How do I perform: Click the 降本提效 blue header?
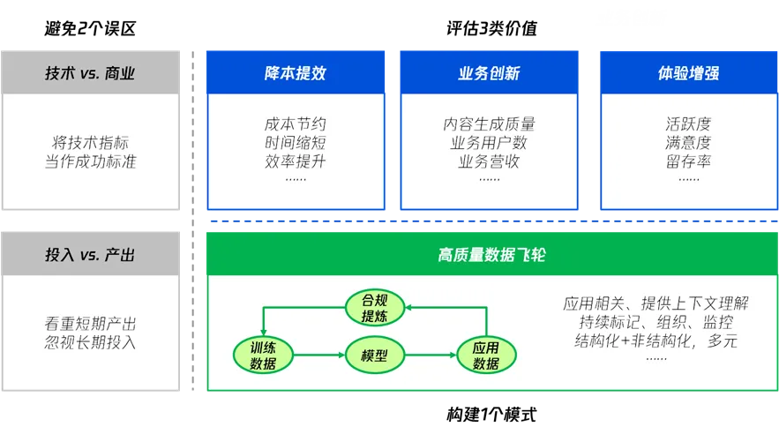pyautogui.click(x=296, y=72)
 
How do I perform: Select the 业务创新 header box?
pyautogui.click(x=489, y=72)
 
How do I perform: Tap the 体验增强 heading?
pyautogui.click(x=688, y=72)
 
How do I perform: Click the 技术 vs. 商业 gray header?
pyautogui.click(x=91, y=72)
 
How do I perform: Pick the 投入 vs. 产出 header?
pyautogui.click(x=91, y=255)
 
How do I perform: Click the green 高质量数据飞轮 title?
pyautogui.click(x=491, y=255)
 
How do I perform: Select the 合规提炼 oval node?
pyautogui.click(x=375, y=307)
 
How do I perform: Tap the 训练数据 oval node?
pyautogui.click(x=263, y=355)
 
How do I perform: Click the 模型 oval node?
pyautogui.click(x=375, y=355)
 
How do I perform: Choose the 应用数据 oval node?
pyautogui.click(x=486, y=355)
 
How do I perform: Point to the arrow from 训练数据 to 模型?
pyautogui.click(x=319, y=355)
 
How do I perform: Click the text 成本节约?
pyautogui.click(x=296, y=124)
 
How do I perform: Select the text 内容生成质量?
pyautogui.click(x=489, y=124)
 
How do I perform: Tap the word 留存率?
pyautogui.click(x=688, y=161)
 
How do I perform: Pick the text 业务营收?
pyautogui.click(x=489, y=161)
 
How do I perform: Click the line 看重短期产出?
pyautogui.click(x=91, y=324)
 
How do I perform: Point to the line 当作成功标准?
pyautogui.click(x=91, y=161)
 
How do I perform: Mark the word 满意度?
pyautogui.click(x=688, y=143)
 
